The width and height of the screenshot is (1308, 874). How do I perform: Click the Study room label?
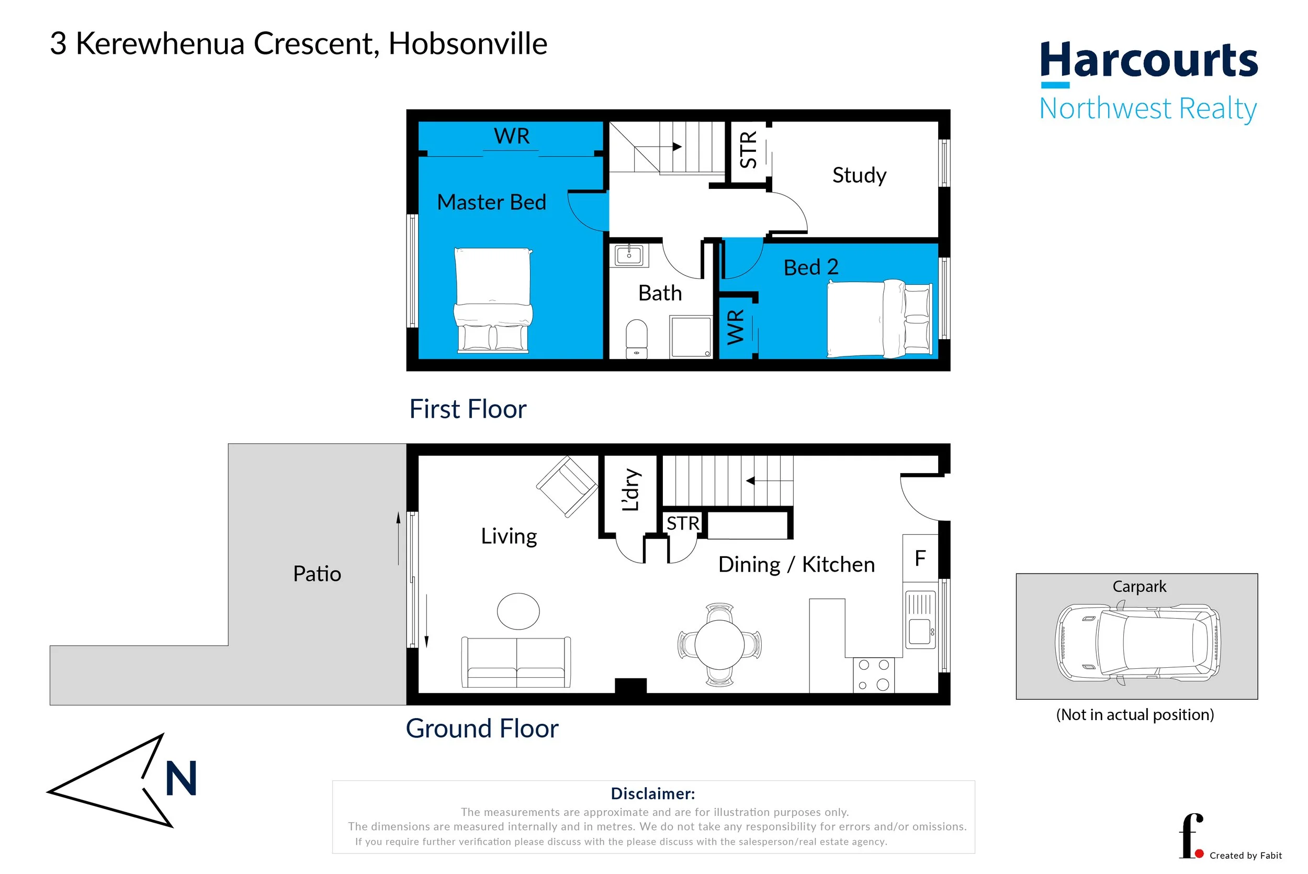point(859,175)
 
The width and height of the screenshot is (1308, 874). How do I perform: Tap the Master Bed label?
point(491,202)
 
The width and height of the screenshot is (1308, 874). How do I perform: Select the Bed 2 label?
point(810,267)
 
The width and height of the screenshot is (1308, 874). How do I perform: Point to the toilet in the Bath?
point(636,338)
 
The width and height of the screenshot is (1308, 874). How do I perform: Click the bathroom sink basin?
point(629,256)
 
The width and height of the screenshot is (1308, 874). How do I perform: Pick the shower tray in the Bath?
point(691,337)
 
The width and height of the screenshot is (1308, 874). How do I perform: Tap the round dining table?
point(719,645)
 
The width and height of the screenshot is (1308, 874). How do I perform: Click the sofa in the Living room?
point(516,662)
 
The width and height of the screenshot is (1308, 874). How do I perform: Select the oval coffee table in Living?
point(518,611)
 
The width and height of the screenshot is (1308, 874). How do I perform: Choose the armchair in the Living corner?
point(567,486)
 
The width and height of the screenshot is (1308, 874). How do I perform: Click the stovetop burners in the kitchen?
point(874,675)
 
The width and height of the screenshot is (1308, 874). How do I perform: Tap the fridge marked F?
point(920,558)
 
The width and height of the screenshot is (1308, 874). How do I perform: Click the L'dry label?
point(631,489)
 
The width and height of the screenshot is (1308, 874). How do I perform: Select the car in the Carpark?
point(1137,643)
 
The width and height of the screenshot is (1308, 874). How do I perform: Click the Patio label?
point(317,574)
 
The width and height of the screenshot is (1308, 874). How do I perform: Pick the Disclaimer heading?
point(653,793)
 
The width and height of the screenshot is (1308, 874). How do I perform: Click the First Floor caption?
point(467,409)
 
